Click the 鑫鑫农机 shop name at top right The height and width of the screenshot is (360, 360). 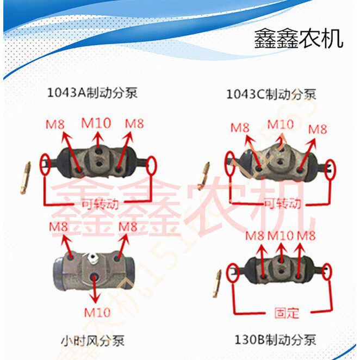pos(299,39)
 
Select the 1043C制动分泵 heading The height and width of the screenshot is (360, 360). pos(271,95)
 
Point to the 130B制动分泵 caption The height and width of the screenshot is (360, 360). pos(275,341)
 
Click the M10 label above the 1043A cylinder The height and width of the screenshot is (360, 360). pos(96,123)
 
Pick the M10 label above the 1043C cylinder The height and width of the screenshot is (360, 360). pos(281,124)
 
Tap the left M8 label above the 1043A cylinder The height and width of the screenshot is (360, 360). pos(55,124)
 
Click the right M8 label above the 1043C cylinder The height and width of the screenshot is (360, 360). pos(318,129)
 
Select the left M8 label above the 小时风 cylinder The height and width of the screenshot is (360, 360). pos(59,226)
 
